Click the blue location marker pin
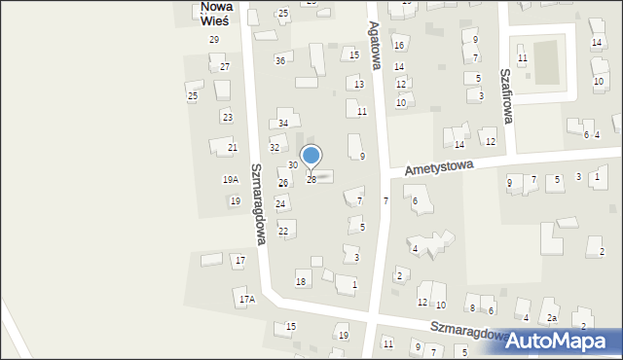pyautogui.click(x=311, y=156)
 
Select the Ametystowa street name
pyautogui.click(x=439, y=168)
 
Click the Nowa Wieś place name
pyautogui.click(x=216, y=13)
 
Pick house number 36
pyautogui.click(x=280, y=61)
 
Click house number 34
pyautogui.click(x=283, y=124)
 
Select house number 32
pyautogui.click(x=275, y=148)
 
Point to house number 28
pyautogui.click(x=311, y=180)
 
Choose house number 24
pyautogui.click(x=280, y=203)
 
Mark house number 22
pyautogui.click(x=283, y=231)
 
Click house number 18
pyautogui.click(x=301, y=282)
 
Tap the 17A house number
pyautogui.click(x=247, y=300)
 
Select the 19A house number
pyautogui.click(x=231, y=180)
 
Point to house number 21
pyautogui.click(x=233, y=148)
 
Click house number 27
pyautogui.click(x=225, y=67)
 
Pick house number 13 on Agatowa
pyautogui.click(x=359, y=85)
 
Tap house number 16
pyautogui.click(x=398, y=46)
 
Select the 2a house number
pyautogui.click(x=551, y=319)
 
